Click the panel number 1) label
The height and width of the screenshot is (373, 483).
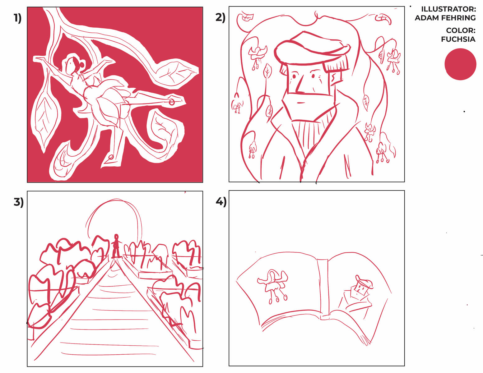coord(17,18)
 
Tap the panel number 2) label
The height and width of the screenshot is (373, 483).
coord(220,17)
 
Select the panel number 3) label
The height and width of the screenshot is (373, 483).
coord(18,202)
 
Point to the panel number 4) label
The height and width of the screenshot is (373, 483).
coord(221,202)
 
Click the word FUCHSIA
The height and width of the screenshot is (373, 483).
coord(458,39)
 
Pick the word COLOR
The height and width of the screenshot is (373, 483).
coord(459,30)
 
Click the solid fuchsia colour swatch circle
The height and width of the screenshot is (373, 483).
coord(460,64)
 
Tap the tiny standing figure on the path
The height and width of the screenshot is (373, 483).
coord(116,246)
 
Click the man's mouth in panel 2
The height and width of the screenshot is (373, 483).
coord(300,103)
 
